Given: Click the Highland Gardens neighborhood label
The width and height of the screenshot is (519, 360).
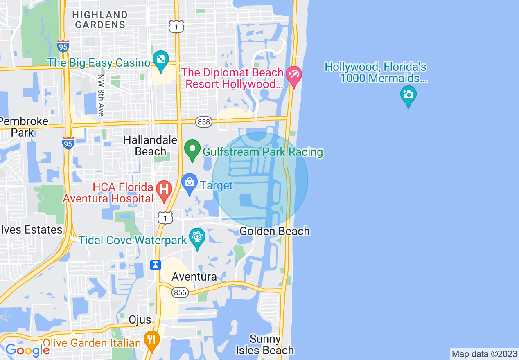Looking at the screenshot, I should tap(100, 20).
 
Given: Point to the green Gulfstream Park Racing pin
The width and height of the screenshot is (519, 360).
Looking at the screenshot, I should tap(192, 149).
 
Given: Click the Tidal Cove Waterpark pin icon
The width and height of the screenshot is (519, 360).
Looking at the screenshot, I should tap(197, 238).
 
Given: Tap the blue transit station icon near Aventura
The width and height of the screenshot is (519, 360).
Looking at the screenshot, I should tap(156, 265).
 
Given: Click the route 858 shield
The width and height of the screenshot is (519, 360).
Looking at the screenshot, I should tap(203, 122).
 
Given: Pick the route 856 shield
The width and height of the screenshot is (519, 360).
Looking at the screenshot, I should tap(180, 292).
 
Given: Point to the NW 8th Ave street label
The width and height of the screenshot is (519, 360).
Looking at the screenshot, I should tap(101, 95).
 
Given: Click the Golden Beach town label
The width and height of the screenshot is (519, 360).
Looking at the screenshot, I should tap(274, 232).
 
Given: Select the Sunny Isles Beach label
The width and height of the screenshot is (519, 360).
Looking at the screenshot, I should tap(265, 345).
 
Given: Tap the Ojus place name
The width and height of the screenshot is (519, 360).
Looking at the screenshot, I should tap(140, 319).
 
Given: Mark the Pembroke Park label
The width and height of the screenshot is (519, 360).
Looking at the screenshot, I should tap(23, 127).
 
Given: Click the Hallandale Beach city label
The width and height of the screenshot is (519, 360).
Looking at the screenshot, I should tap(150, 146).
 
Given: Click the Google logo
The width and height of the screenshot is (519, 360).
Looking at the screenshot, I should tap(27, 350).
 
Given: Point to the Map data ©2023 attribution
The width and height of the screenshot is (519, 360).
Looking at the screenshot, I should tap(484, 354).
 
